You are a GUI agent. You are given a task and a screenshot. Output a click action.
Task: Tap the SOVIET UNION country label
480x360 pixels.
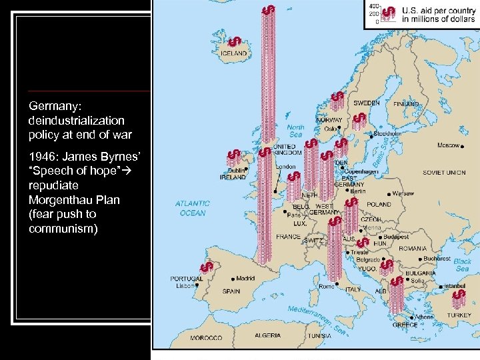(444, 173)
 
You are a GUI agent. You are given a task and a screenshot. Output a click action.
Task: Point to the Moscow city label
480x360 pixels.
(448, 145)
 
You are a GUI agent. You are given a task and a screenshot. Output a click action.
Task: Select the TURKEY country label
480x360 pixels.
(459, 315)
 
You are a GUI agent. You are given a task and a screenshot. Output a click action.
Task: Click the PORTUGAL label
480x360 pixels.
(186, 279)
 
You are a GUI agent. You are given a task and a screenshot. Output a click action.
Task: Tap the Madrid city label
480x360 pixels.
(245, 278)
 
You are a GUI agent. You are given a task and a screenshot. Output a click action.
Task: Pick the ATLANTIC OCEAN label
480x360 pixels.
(193, 208)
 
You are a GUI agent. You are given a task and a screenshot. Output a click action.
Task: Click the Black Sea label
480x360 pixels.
(462, 265)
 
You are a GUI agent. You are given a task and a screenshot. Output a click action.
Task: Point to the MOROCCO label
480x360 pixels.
(206, 338)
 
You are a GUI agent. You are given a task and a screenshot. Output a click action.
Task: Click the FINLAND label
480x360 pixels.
(406, 104)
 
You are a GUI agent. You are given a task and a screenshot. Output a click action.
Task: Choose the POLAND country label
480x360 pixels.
(379, 205)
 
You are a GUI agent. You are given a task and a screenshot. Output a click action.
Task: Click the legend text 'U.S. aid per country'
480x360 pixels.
(437, 11)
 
